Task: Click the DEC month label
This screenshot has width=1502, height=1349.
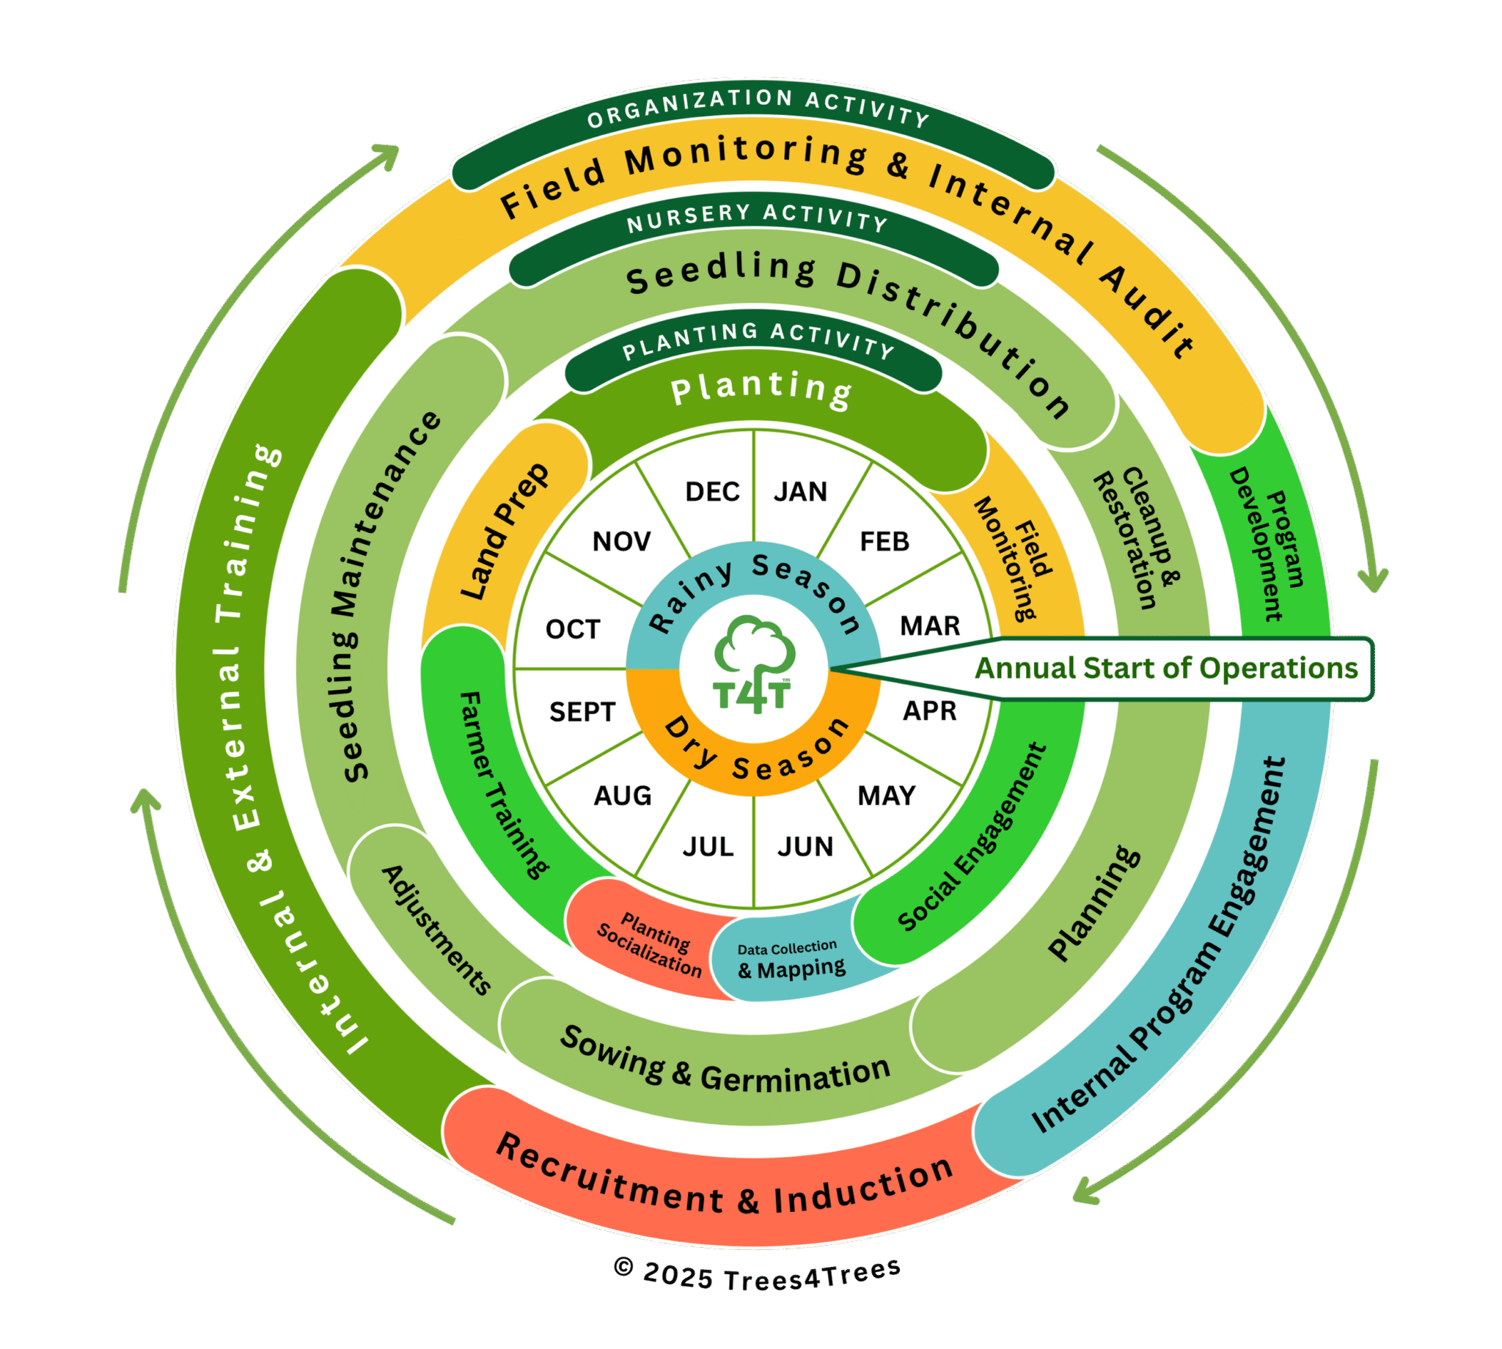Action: tap(711, 491)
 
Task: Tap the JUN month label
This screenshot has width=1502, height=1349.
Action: tap(805, 847)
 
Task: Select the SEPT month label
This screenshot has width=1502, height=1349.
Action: tap(582, 712)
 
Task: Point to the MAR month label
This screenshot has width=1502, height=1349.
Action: tap(930, 625)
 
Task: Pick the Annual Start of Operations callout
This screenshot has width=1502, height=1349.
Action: tap(1165, 668)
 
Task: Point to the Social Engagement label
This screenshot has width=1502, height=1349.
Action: tap(971, 837)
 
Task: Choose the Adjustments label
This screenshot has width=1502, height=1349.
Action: tap(436, 930)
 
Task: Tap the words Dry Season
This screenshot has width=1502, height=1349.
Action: tap(756, 752)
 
